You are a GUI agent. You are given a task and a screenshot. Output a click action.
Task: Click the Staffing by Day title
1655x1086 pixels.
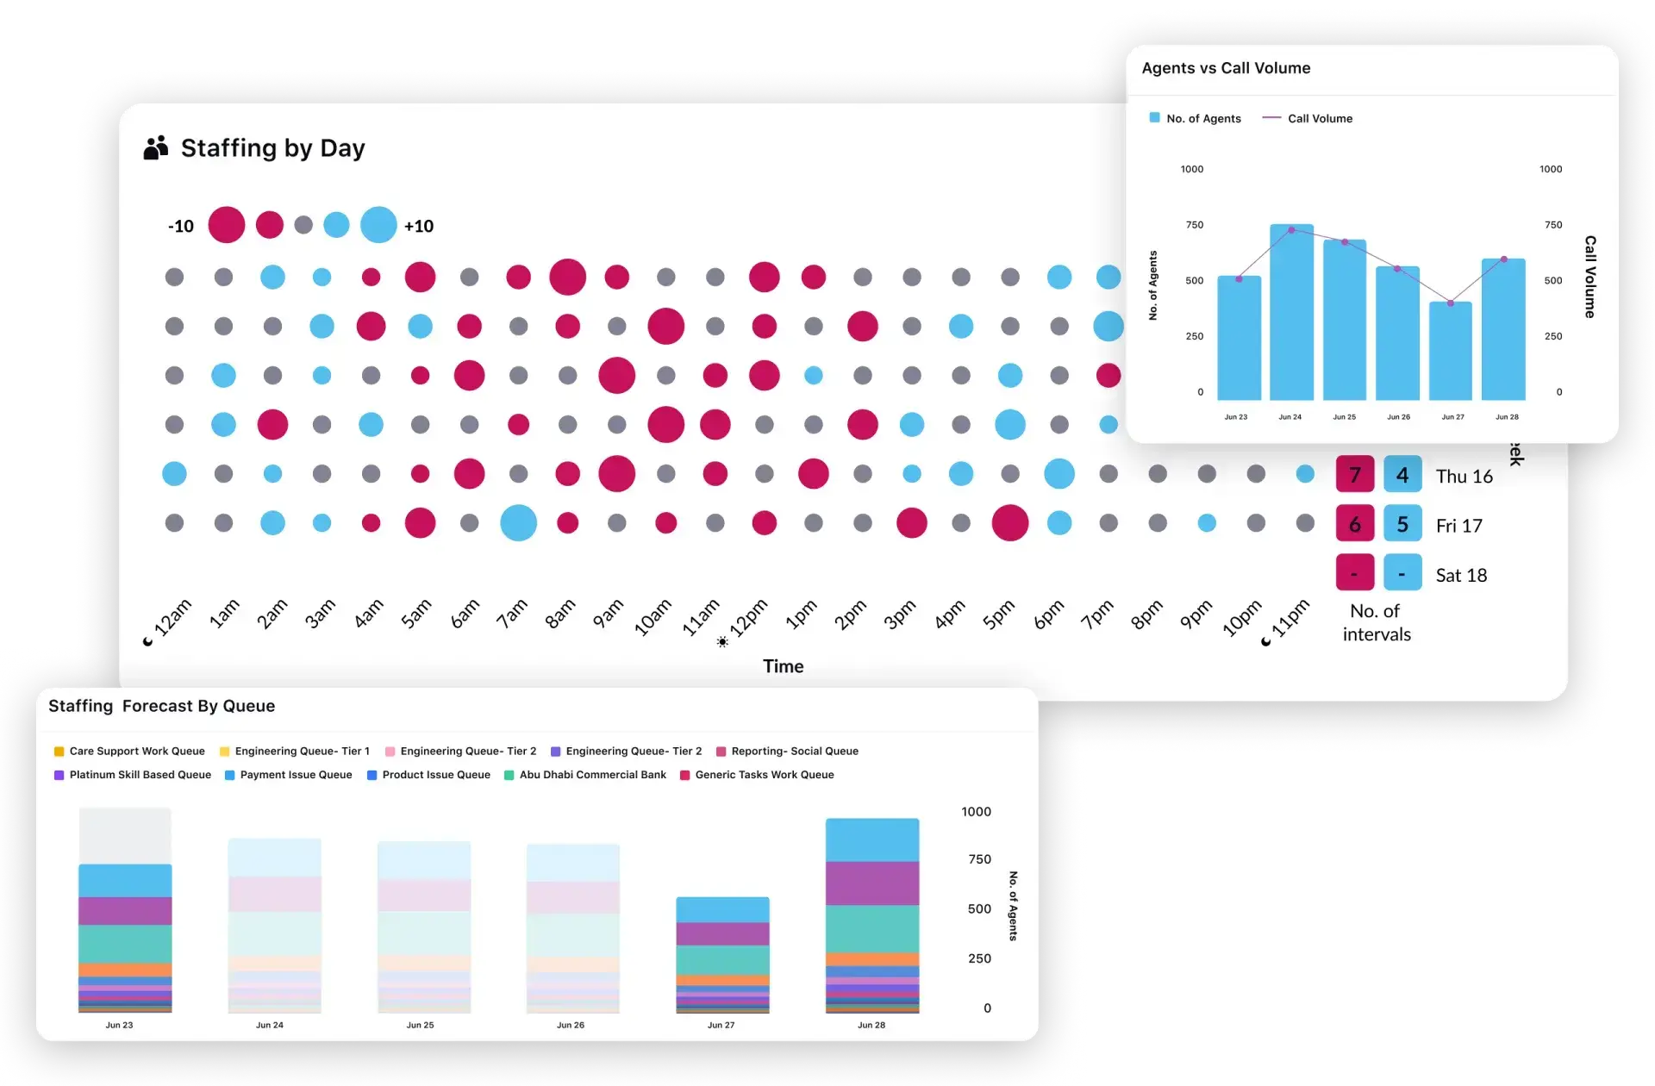pyautogui.click(x=272, y=148)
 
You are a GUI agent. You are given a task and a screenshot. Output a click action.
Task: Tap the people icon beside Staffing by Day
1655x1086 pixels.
pyautogui.click(x=155, y=148)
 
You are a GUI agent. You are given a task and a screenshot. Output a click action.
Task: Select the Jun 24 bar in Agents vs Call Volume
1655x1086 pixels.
pyautogui.click(x=1291, y=312)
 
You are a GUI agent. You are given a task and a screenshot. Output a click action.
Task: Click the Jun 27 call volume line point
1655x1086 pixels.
pyautogui.click(x=1451, y=303)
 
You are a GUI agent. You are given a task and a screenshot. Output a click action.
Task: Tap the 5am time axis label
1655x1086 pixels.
pyautogui.click(x=415, y=615)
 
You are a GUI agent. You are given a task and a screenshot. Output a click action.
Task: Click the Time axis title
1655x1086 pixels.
pyautogui.click(x=783, y=666)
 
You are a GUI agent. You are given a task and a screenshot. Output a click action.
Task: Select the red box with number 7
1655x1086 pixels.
pyautogui.click(x=1355, y=475)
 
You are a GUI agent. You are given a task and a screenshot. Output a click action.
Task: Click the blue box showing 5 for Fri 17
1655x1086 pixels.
pyautogui.click(x=1402, y=524)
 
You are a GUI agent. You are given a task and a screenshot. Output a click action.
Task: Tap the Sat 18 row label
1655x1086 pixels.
pyautogui.click(x=1461, y=575)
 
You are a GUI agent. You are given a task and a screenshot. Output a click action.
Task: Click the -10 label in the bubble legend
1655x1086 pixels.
pyautogui.click(x=181, y=226)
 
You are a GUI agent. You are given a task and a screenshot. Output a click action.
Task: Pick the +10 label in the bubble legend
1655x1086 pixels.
pyautogui.click(x=419, y=226)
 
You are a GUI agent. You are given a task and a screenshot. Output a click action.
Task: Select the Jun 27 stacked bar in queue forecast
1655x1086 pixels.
pyautogui.click(x=722, y=955)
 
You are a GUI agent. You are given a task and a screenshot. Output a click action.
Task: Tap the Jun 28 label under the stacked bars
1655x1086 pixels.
pyautogui.click(x=871, y=1025)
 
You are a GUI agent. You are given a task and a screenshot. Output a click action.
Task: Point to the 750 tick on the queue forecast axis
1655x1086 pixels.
pyautogui.click(x=979, y=859)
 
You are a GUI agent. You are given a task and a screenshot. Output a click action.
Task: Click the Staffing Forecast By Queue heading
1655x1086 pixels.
pyautogui.click(x=161, y=706)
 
